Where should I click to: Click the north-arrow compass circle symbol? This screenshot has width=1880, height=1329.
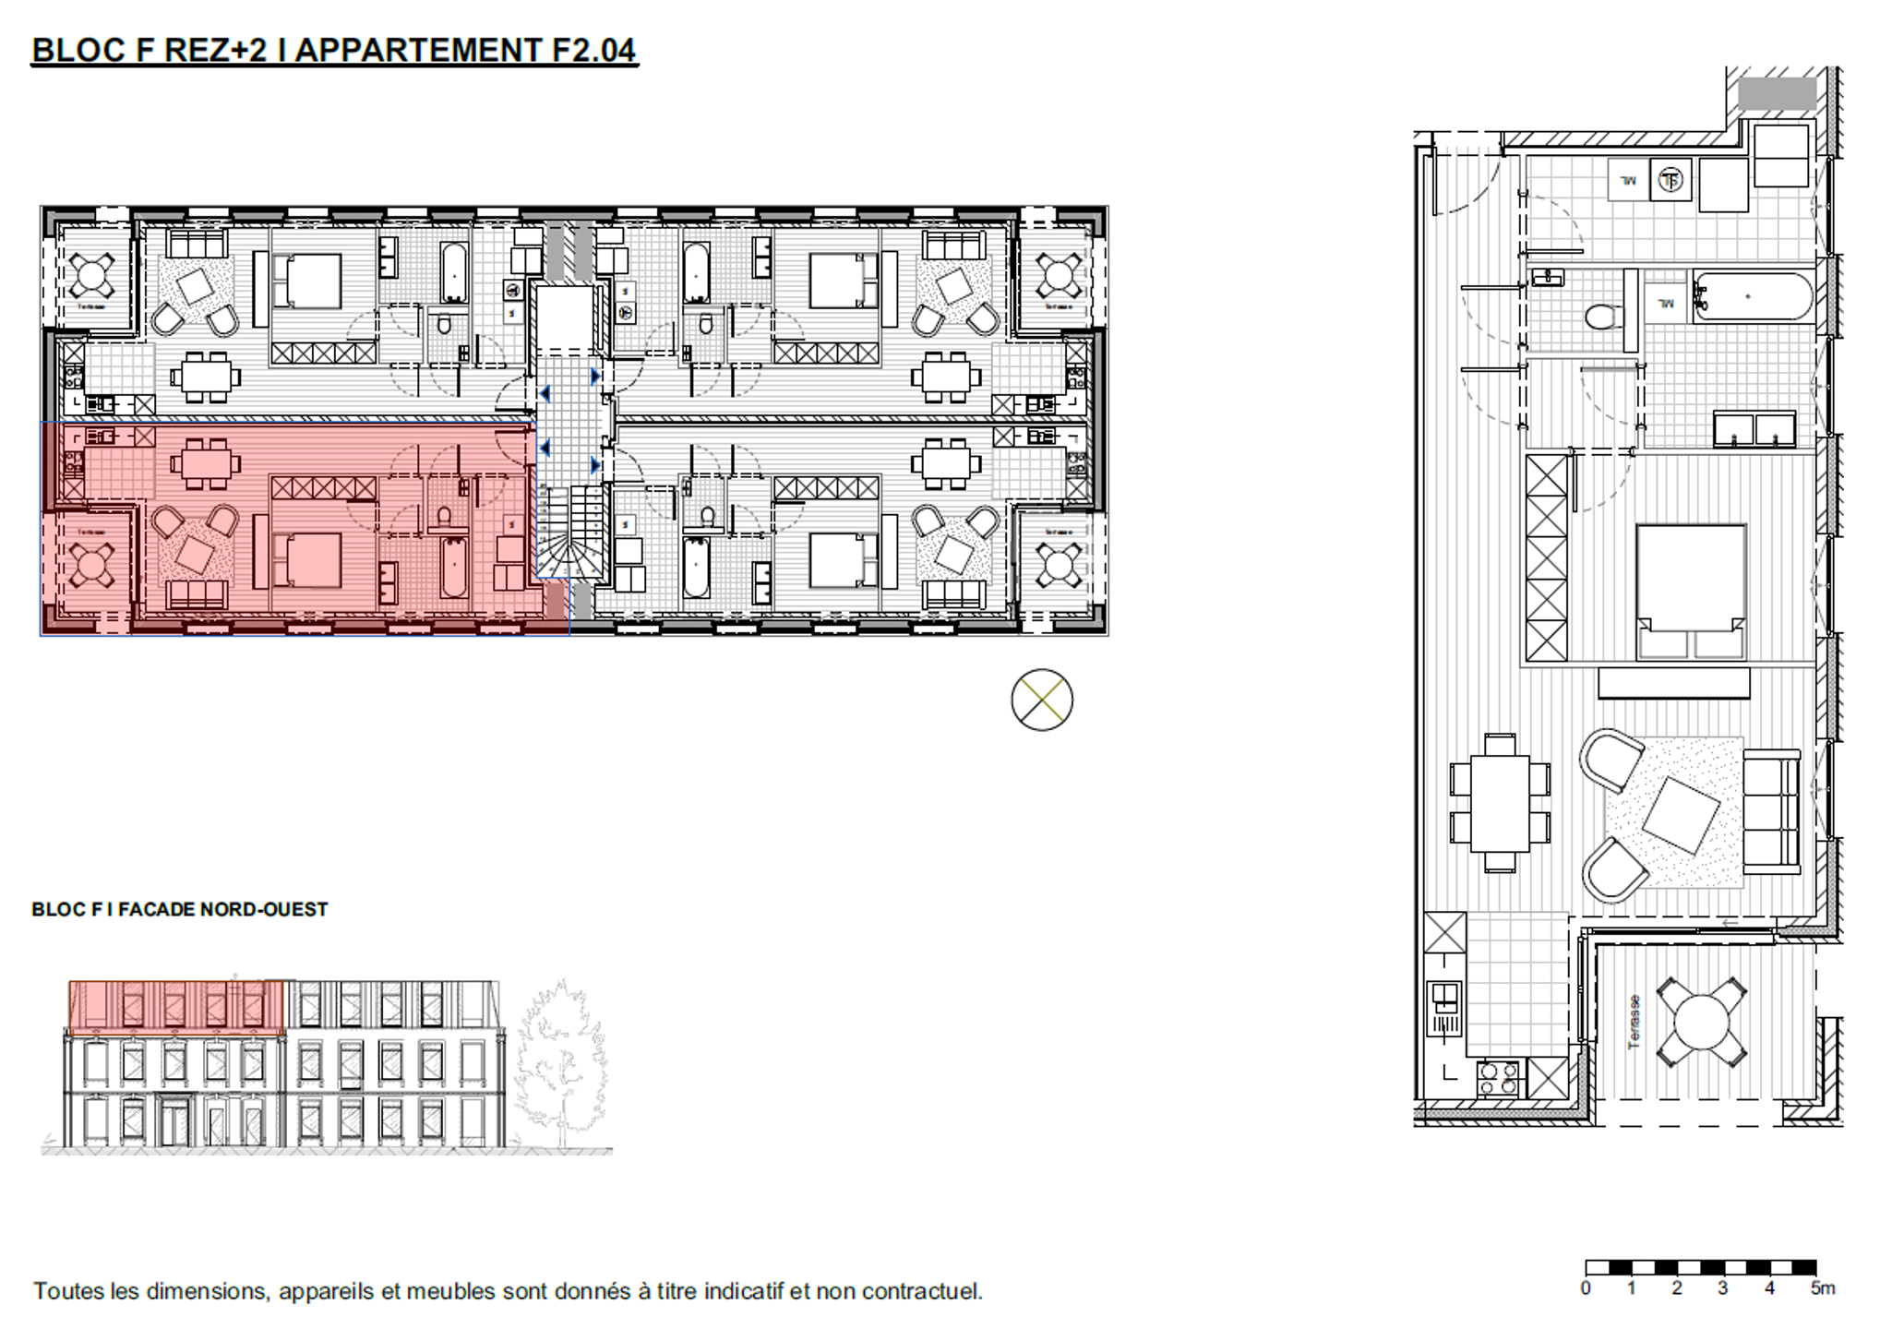(x=1041, y=700)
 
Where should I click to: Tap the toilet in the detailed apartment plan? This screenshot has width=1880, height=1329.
(x=1603, y=317)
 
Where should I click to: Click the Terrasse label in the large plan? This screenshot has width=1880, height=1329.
(x=1635, y=1021)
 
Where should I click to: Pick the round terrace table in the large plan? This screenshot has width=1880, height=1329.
(x=1701, y=1022)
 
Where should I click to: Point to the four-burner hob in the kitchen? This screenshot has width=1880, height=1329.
(x=1497, y=1078)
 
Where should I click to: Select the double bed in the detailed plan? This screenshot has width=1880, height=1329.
(x=1691, y=591)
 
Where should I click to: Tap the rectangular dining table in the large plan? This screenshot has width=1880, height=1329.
(x=1500, y=803)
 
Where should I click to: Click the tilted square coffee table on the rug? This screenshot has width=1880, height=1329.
(x=1681, y=815)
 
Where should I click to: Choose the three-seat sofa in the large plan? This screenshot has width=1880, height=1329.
(x=1771, y=811)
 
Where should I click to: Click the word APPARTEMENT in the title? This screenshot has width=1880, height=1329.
(x=418, y=50)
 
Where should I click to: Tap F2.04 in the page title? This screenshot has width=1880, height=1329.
(x=593, y=50)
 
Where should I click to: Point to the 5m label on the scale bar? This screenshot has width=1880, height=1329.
(x=1822, y=1288)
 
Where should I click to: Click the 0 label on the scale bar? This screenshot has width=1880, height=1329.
(x=1586, y=1288)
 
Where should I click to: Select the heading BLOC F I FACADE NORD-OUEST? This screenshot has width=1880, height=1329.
(x=180, y=909)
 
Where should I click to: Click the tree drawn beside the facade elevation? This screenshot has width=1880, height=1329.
(x=560, y=1061)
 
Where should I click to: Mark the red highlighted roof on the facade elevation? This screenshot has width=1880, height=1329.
(x=177, y=1006)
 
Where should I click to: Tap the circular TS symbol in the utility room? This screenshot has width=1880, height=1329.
(x=1670, y=180)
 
